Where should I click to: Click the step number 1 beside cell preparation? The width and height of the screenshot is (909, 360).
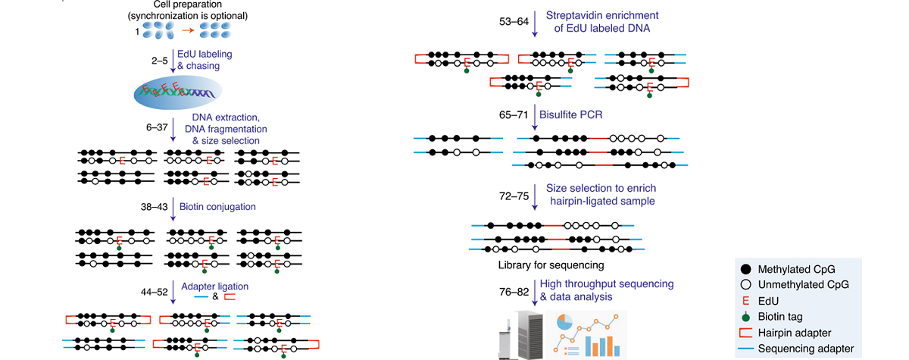point(137,31)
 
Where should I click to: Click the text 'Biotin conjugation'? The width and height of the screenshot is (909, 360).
point(218,206)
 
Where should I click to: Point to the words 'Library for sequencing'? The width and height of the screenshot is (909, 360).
point(551,265)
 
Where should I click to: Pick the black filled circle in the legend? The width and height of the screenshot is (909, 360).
point(746,269)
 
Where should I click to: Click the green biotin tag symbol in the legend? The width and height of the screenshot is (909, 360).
point(746,317)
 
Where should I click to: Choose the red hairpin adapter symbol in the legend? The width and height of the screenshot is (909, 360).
point(746,333)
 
